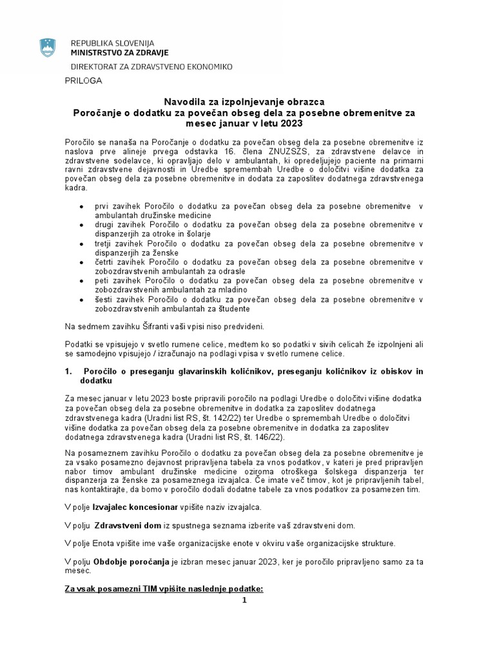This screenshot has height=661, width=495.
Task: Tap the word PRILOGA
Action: (x=83, y=81)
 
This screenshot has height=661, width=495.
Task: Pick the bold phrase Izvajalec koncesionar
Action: (x=135, y=508)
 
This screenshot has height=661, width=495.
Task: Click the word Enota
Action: (x=105, y=543)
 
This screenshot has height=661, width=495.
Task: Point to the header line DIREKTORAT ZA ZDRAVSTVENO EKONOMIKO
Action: (x=151, y=66)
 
